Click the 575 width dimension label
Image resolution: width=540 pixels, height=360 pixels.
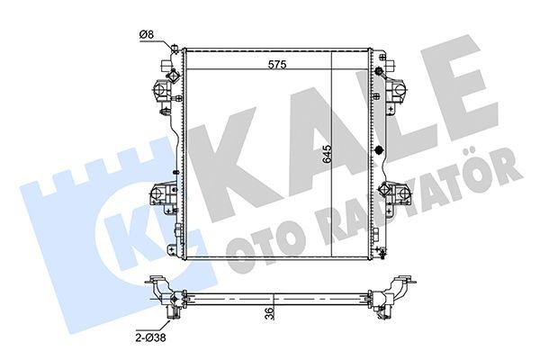(276, 65)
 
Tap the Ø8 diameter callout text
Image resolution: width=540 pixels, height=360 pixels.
(146, 35)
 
